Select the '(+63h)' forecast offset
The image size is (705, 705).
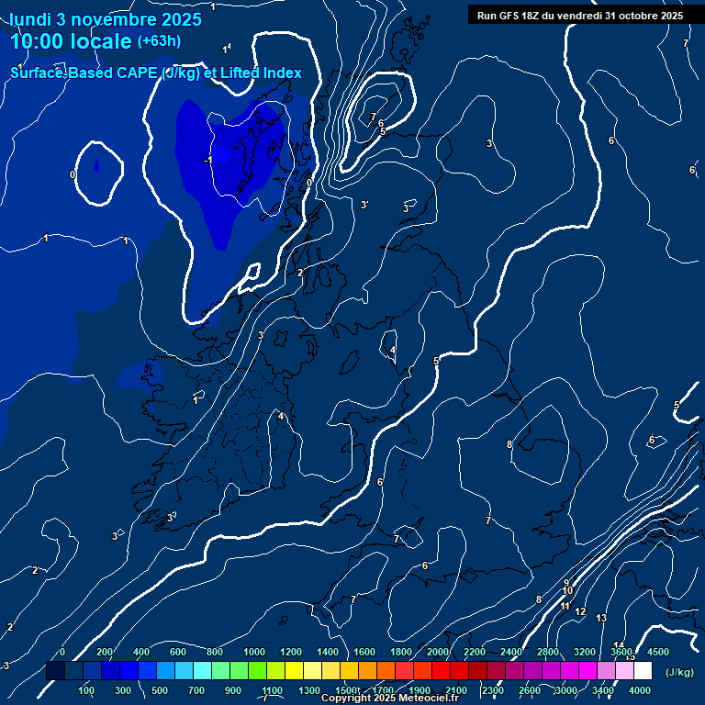tap(159, 40)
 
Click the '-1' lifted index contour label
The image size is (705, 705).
tap(208, 160)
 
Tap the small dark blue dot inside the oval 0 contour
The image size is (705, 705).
tap(96, 166)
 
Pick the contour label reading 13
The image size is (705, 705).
tap(601, 618)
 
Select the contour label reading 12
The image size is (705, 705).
tap(580, 610)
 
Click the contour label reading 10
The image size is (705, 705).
tap(567, 590)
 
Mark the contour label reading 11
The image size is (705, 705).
tap(565, 607)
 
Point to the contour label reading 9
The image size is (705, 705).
tap(566, 582)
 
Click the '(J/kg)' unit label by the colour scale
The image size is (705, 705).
tap(679, 672)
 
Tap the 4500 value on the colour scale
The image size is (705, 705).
tap(658, 652)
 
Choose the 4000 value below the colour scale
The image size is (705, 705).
tap(640, 690)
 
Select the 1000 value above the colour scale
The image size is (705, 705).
tap(254, 652)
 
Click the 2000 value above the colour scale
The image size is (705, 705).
tap(438, 652)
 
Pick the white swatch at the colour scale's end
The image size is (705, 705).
tap(643, 671)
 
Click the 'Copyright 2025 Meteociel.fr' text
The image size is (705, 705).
tap(390, 699)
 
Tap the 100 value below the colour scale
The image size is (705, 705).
tap(87, 690)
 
